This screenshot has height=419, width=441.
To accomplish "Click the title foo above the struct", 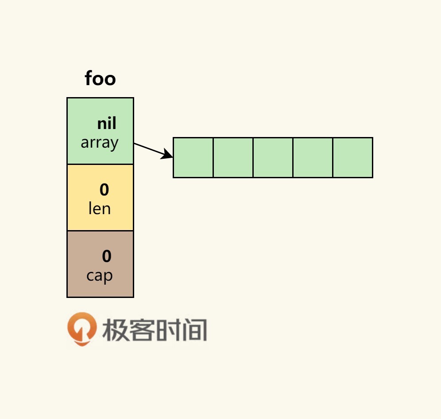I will tap(100, 79).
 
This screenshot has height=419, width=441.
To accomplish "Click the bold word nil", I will tap(107, 124).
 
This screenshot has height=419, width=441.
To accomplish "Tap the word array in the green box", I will tap(100, 143).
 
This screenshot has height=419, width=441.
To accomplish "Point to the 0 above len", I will tap(104, 190).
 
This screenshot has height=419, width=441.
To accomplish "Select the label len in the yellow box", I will tap(100, 208).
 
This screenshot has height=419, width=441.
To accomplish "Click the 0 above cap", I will tap(107, 256).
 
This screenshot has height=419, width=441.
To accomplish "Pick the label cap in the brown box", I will tap(100, 275).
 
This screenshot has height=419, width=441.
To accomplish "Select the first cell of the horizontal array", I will tap(193, 157).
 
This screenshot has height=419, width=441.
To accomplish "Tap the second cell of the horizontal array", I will tap(233, 157).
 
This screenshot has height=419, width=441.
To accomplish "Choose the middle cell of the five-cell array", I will tap(273, 157).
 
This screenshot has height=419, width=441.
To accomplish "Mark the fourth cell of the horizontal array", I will tap(313, 157).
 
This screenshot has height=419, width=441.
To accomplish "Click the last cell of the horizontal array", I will tap(352, 157).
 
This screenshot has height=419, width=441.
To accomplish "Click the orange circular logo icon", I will tap(81, 329).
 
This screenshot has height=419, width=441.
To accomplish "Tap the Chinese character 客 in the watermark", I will tap(141, 330).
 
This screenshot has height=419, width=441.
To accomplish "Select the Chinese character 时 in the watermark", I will tap(167, 330).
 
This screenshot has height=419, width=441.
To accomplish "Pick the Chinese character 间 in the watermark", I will tap(194, 330).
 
